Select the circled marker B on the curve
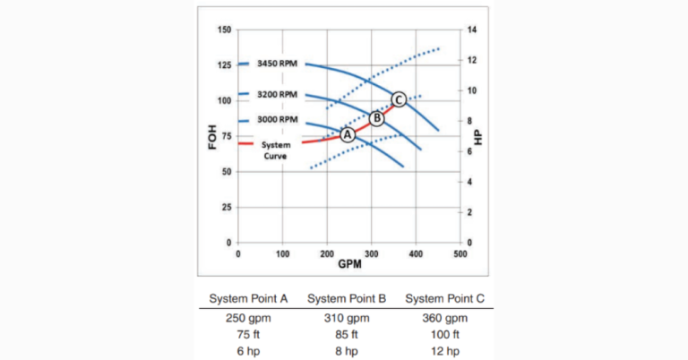[377, 117]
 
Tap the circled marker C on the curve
[400, 99]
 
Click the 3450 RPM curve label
[278, 64]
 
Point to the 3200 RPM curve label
[278, 93]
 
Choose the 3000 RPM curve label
[278, 120]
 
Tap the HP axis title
[482, 137]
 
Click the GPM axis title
[348, 266]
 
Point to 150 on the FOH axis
[225, 30]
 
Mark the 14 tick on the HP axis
[471, 30]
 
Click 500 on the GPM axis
[460, 254]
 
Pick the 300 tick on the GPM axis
[371, 254]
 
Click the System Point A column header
[248, 298]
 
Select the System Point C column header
[445, 298]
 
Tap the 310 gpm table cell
[347, 318]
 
